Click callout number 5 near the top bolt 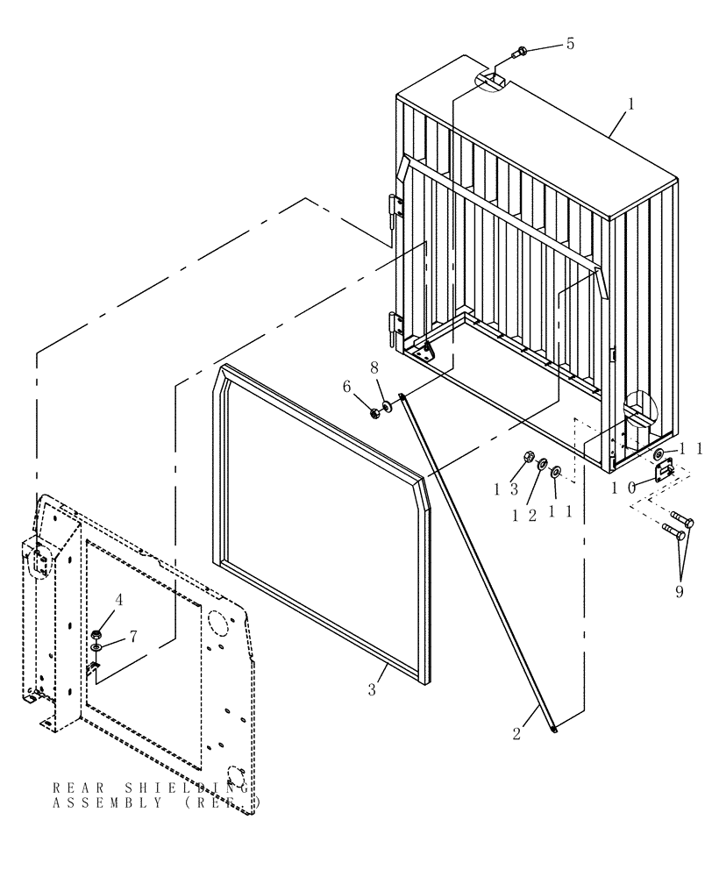570,44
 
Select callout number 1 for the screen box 630,103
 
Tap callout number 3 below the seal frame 372,690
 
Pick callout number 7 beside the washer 133,636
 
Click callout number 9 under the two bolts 678,592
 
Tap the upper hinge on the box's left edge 397,208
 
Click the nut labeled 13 528,458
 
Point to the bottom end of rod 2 555,726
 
